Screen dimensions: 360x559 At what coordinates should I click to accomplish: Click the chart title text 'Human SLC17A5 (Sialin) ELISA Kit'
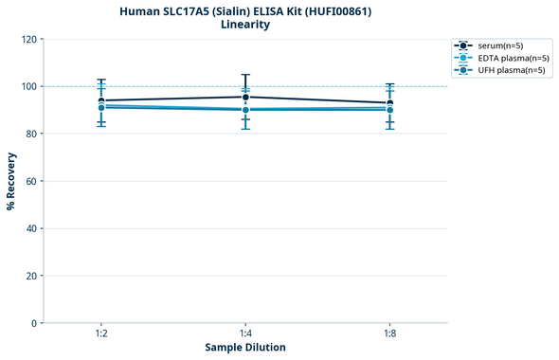click(x=244, y=11)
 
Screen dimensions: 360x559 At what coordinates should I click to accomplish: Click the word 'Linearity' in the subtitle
click(x=244, y=25)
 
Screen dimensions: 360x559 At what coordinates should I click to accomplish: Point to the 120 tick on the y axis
click(x=29, y=39)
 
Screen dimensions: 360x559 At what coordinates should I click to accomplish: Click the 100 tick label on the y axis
click(x=29, y=86)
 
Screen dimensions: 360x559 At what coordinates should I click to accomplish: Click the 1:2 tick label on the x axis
click(x=101, y=334)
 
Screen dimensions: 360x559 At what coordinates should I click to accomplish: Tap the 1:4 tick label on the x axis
click(x=245, y=334)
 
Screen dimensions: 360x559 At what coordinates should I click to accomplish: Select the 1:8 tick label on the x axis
click(x=389, y=334)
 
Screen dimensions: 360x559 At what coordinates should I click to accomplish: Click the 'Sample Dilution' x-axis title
click(x=245, y=348)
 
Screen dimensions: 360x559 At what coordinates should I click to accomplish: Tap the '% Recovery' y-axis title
click(x=11, y=180)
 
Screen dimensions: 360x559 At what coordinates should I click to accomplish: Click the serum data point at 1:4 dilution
click(x=245, y=97)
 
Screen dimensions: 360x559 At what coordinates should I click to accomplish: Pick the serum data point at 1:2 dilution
click(x=101, y=100)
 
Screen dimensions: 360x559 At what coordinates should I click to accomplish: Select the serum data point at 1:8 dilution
click(x=389, y=102)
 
